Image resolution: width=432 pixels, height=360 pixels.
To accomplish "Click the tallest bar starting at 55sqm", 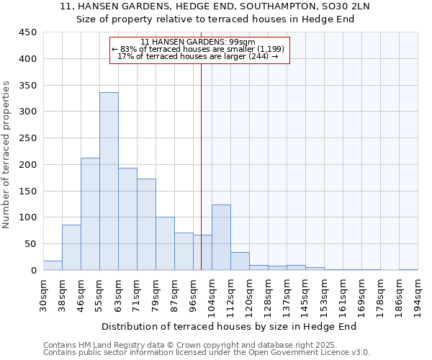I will pyautogui.click(x=109, y=181).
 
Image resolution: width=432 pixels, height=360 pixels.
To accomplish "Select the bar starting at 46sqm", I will pyautogui.click(x=90, y=214).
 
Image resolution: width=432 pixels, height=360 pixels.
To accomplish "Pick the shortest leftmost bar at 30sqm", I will pyautogui.click(x=53, y=266).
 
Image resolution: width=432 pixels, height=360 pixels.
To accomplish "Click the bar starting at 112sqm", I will pyautogui.click(x=240, y=261).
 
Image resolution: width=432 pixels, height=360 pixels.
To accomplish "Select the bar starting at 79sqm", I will pyautogui.click(x=165, y=243).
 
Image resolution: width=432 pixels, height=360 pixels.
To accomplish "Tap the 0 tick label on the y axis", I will pyautogui.click(x=33, y=271).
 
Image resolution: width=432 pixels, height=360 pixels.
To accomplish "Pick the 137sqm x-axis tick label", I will pyautogui.click(x=287, y=295).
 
